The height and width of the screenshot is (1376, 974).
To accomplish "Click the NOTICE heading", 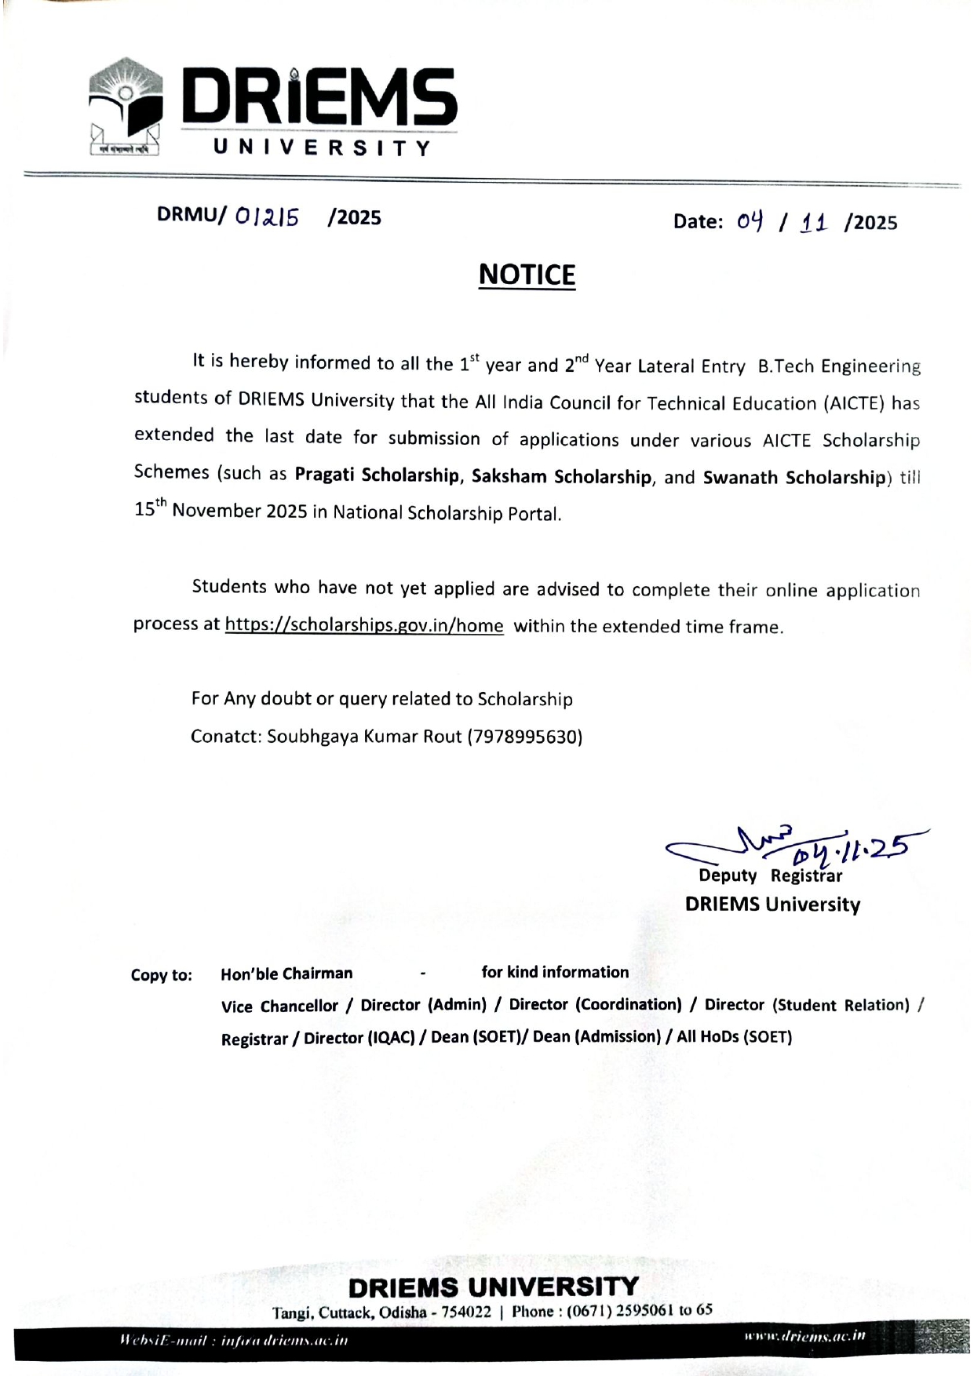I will [x=527, y=275].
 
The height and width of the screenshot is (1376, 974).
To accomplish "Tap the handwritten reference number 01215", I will [x=267, y=217].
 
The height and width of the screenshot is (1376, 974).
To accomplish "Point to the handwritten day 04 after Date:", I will [x=750, y=221].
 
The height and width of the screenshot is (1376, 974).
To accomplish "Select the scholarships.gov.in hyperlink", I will [x=364, y=625].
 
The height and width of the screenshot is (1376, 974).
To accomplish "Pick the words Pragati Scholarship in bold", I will [x=377, y=475].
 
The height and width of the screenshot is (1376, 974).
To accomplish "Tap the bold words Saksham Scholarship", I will [x=561, y=477].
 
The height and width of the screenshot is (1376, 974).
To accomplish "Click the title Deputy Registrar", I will [x=770, y=876].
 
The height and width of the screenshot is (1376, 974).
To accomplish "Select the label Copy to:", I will [x=161, y=975].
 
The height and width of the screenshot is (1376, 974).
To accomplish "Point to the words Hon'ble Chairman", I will [x=286, y=974].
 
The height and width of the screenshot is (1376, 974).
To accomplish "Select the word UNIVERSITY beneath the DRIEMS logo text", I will [x=323, y=147].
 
